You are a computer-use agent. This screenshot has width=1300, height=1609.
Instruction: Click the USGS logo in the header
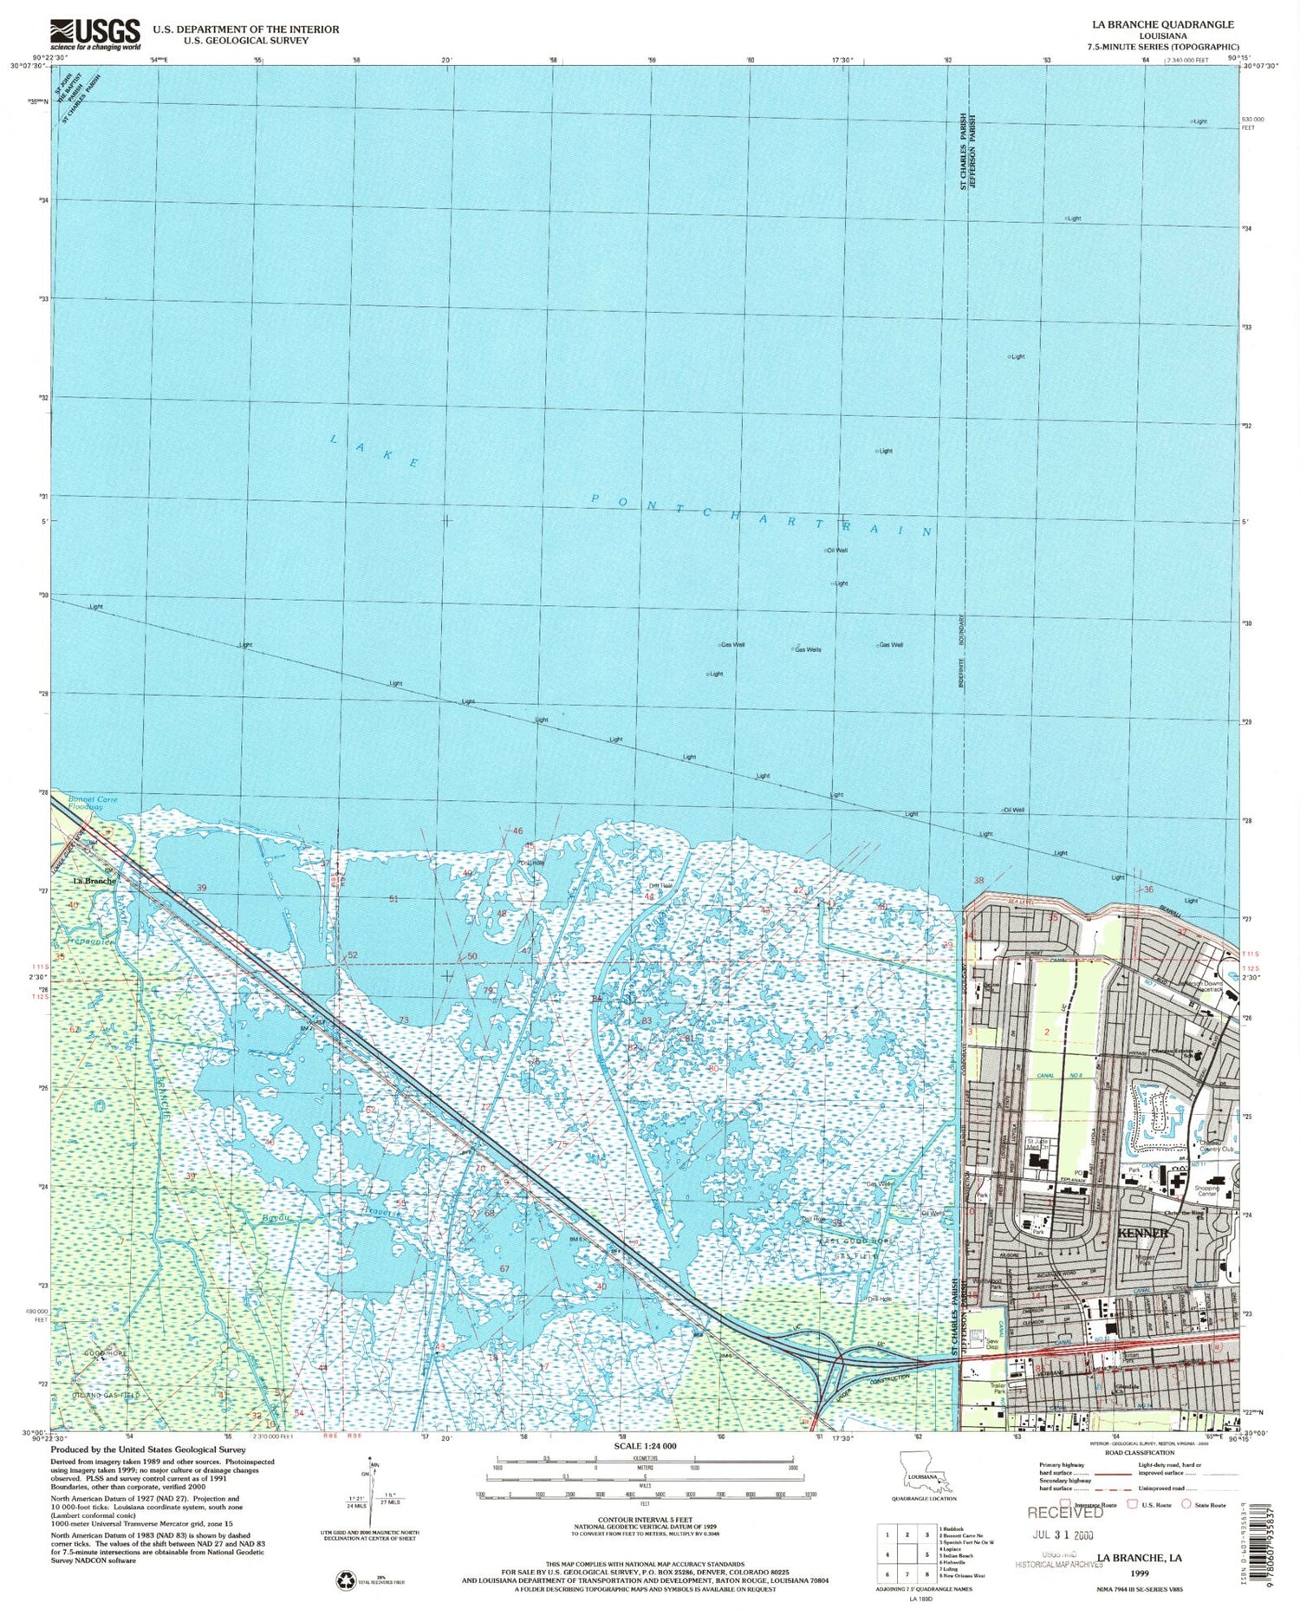(95, 35)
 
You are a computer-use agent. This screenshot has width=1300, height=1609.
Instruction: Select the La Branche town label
(94, 881)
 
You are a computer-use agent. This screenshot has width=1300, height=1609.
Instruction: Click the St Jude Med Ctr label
(1038, 1143)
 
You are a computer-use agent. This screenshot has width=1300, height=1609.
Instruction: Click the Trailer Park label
(998, 1389)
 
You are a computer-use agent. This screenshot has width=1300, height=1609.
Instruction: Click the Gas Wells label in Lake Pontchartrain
(807, 649)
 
